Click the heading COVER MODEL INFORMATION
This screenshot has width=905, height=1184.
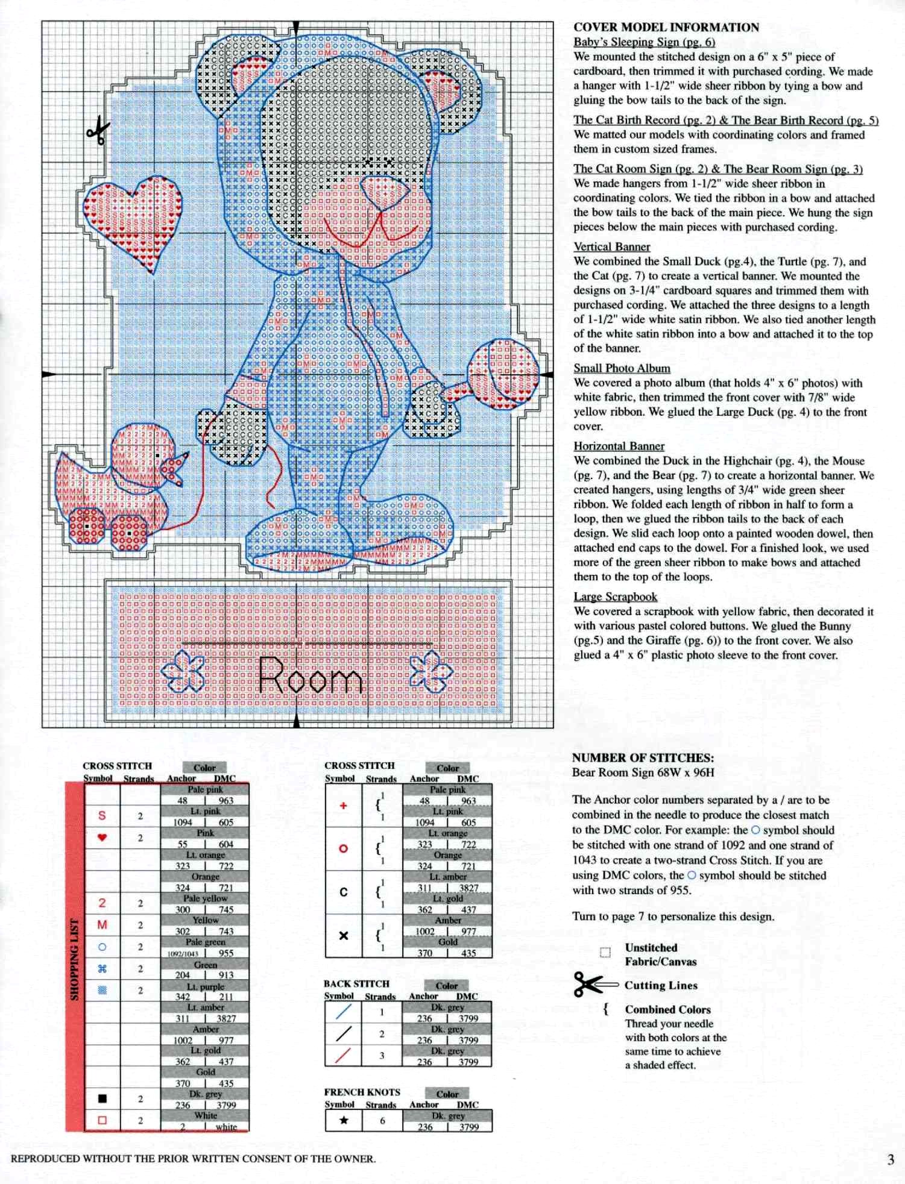tap(666, 27)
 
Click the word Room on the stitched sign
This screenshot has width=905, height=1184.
tap(310, 676)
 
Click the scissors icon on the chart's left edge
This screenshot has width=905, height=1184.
tap(98, 131)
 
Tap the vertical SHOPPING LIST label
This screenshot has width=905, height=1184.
tap(75, 959)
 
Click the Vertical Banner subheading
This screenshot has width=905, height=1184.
tap(611, 246)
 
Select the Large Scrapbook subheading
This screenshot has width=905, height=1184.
tap(615, 597)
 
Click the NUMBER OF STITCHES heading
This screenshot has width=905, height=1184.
tap(643, 758)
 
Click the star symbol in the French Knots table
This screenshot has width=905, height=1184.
tap(343, 1121)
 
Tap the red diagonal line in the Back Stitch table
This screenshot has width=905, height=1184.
tap(343, 1056)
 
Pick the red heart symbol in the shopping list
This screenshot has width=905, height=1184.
tap(102, 837)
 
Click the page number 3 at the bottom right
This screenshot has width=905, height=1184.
tap(891, 1159)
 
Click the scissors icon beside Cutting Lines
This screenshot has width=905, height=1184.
tap(594, 985)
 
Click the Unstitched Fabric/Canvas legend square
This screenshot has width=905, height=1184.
tap(605, 952)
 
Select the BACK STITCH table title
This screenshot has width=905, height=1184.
tap(356, 983)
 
